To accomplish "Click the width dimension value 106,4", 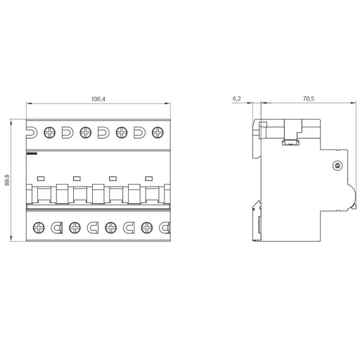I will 98,99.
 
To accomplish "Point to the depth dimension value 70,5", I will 307,99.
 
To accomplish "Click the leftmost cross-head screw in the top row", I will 50,131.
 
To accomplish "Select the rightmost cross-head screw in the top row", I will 157,131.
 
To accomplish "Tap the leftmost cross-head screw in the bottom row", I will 39,227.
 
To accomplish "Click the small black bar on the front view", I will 32,151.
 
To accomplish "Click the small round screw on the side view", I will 336,166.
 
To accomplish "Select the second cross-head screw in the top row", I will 85,131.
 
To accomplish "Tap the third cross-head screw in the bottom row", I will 111,227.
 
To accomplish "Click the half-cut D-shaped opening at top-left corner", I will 30,131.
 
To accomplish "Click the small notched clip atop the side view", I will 288,143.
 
